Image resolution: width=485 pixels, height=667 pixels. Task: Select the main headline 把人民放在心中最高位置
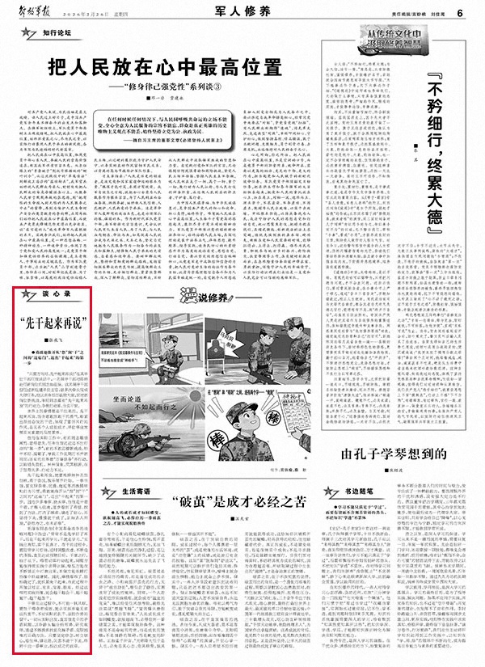(188, 67)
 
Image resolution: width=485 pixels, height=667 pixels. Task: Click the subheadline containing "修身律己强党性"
(190, 87)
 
